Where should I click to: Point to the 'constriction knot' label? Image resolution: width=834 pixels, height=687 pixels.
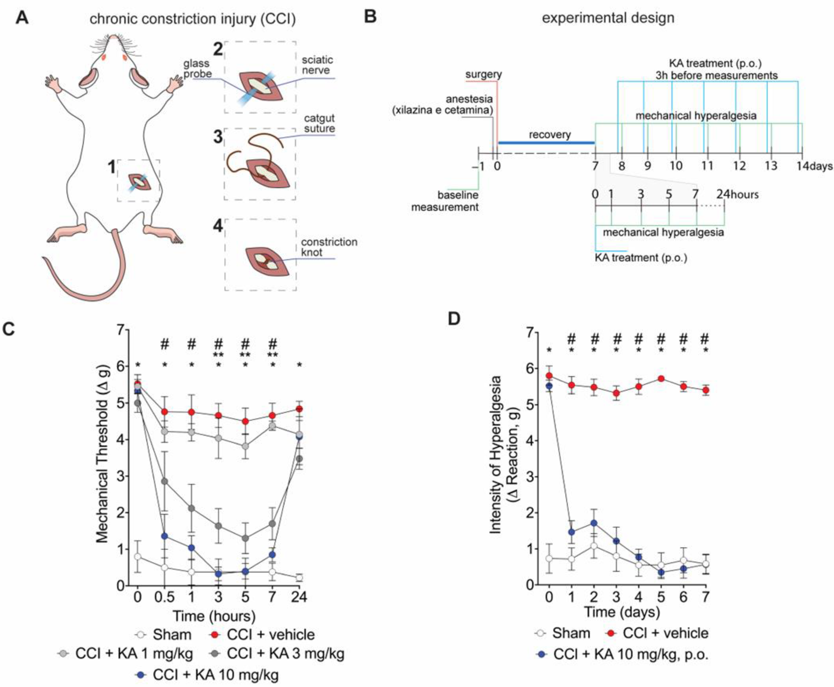329,247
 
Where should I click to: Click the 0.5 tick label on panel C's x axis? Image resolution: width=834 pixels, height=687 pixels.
164,596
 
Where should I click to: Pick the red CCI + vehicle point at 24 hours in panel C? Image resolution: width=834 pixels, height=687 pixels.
299,408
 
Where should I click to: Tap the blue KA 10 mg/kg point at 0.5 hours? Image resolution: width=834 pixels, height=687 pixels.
164,536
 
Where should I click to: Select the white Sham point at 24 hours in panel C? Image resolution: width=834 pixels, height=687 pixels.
299,578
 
